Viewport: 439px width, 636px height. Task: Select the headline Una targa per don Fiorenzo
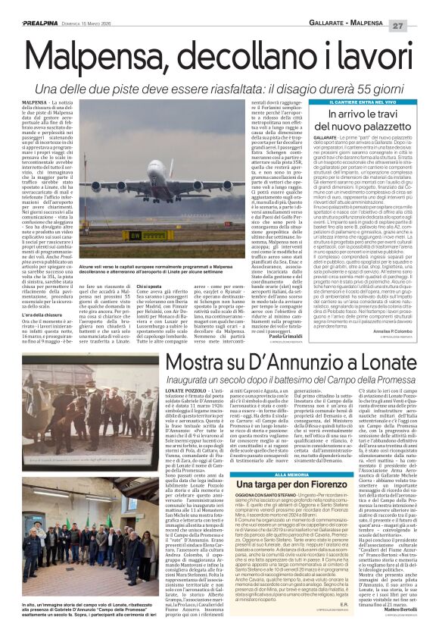coord(282,465)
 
